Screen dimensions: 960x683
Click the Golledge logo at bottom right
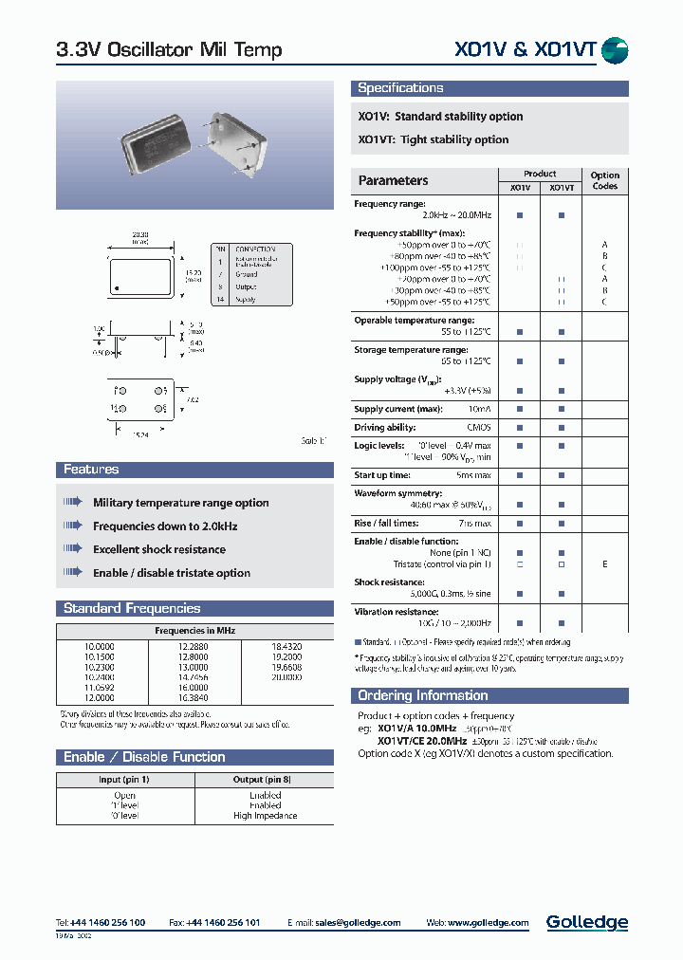point(586,922)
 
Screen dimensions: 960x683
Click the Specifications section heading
point(400,88)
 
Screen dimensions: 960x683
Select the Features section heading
point(91,470)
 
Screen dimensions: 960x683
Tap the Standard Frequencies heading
point(132,608)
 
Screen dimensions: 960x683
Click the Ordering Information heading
point(422,695)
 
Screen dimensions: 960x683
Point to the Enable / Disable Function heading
point(144,757)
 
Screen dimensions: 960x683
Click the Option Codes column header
point(604,180)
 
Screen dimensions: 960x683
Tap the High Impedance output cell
point(265,816)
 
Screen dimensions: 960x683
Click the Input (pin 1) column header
point(124,779)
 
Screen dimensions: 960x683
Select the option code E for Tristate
point(604,563)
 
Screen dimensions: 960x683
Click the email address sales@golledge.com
point(359,922)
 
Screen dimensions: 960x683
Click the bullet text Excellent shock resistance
point(158,549)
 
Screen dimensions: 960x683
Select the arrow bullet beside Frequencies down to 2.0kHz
point(73,526)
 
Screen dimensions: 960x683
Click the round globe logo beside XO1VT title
point(615,50)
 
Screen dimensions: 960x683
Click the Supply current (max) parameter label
point(397,409)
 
